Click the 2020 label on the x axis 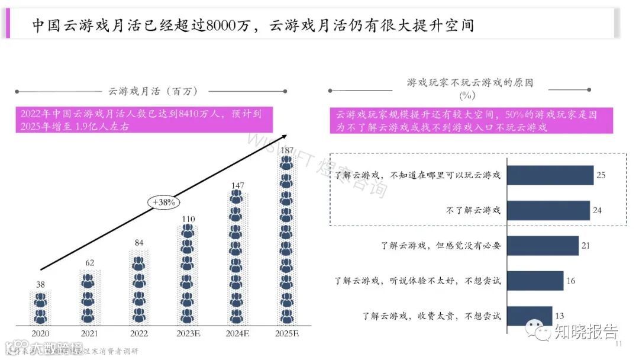(x=41, y=333)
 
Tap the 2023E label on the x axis (x=188, y=333)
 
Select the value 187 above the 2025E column (x=287, y=150)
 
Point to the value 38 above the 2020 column (x=41, y=284)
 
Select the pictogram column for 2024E (x=237, y=258)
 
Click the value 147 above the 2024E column (x=237, y=185)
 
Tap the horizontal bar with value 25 (x=550, y=175)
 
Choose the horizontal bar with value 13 (x=530, y=316)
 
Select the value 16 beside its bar (x=571, y=281)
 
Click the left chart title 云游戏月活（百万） (x=153, y=91)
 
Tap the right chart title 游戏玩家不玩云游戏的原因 (x=470, y=83)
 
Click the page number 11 (x=619, y=345)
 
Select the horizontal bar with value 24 (x=548, y=210)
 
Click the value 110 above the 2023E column (x=188, y=218)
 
